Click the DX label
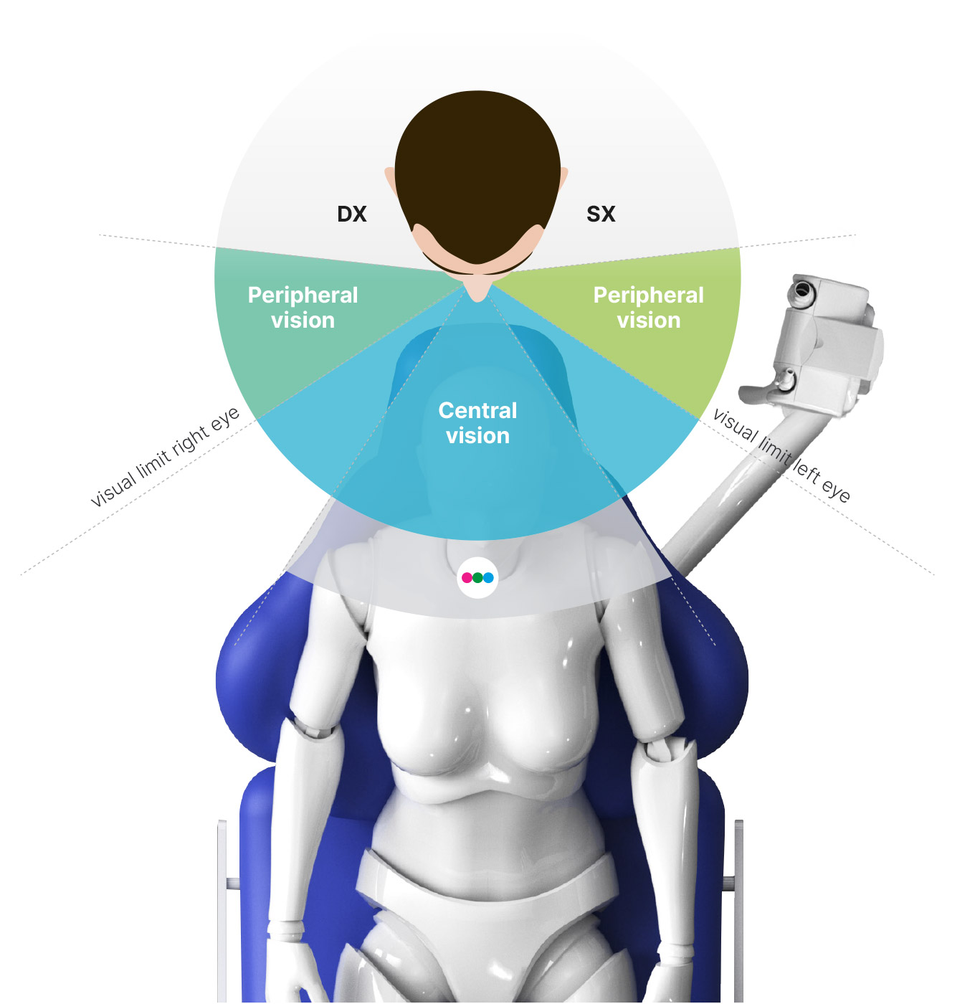[x=352, y=214]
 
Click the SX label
[x=601, y=214]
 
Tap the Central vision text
[x=477, y=423]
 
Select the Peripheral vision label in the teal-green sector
[x=303, y=308]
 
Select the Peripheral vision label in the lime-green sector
[x=648, y=308]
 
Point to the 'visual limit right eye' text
[x=165, y=457]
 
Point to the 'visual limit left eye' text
[x=781, y=455]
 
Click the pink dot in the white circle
[x=467, y=577]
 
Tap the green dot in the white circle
[x=477, y=577]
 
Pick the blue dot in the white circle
[x=488, y=577]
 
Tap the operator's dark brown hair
[x=477, y=170]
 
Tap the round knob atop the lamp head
[x=801, y=290]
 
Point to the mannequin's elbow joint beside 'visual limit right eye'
[x=311, y=727]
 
